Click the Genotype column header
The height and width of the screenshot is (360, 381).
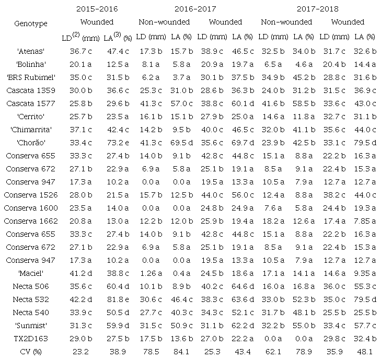31,24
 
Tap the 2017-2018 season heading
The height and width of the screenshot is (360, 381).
317,9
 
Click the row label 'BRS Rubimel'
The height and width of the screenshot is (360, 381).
31,77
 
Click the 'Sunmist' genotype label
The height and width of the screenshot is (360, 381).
31,326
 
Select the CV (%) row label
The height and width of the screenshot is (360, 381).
31,352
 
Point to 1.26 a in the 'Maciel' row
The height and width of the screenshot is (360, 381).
149,273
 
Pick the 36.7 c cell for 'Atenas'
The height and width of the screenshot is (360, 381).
83,51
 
